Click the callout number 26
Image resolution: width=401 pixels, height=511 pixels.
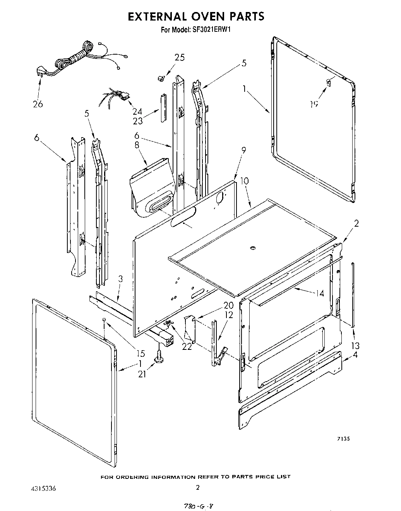coord(38,104)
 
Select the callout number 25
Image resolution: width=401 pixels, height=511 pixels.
coord(179,57)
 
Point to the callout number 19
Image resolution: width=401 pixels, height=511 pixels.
coord(314,103)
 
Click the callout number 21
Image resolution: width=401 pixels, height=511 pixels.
coord(142,374)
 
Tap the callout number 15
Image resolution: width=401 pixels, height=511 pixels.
coord(140,353)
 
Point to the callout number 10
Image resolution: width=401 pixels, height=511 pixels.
coord(244,181)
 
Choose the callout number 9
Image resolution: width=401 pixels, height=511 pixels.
coord(233,150)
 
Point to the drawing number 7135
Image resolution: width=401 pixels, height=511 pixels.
coord(343,439)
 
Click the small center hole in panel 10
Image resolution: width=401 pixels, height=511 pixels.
coord(253,247)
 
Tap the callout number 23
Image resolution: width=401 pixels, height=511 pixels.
coord(138,121)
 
